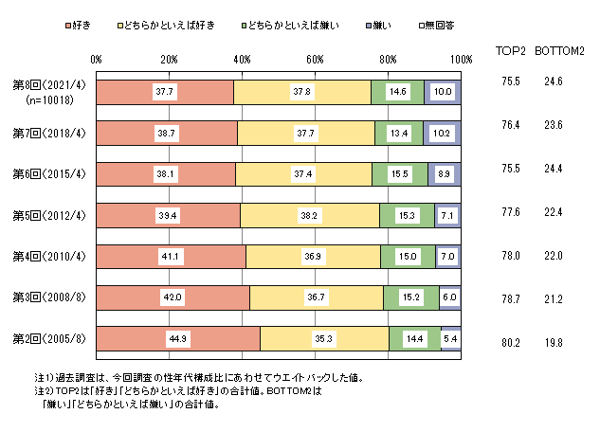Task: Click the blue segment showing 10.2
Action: pyautogui.click(x=442, y=133)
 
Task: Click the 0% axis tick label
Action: pyautogui.click(x=97, y=60)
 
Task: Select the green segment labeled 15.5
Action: pyautogui.click(x=399, y=174)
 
